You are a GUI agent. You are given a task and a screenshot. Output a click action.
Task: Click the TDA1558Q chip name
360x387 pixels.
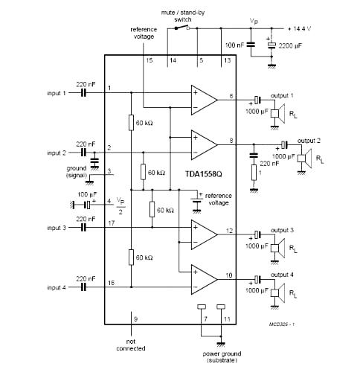[x=204, y=174]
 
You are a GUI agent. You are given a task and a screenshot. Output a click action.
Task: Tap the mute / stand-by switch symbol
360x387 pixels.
[x=182, y=28]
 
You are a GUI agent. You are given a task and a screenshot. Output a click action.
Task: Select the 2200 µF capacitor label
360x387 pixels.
[x=290, y=46]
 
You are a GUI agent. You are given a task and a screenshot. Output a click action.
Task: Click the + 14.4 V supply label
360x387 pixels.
[x=299, y=29]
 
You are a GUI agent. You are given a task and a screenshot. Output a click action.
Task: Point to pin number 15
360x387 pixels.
[x=150, y=60]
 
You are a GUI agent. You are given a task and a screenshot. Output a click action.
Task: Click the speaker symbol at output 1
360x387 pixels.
[x=277, y=113]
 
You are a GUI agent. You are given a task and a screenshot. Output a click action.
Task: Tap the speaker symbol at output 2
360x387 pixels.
[x=304, y=159]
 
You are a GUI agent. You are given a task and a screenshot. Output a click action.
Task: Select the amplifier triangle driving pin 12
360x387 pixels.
[x=205, y=234]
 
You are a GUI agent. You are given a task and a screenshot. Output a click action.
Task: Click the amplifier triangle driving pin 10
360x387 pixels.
[x=205, y=279]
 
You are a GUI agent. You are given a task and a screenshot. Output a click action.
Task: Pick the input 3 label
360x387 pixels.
[x=57, y=228]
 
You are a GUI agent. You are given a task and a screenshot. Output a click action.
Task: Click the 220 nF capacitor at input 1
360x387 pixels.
[x=84, y=93]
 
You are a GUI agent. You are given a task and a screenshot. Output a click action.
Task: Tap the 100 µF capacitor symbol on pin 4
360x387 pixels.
[x=88, y=205]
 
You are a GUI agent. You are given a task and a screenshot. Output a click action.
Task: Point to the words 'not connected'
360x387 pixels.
[x=131, y=345]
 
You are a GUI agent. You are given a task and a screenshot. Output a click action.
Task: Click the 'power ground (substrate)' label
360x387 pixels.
[x=222, y=357]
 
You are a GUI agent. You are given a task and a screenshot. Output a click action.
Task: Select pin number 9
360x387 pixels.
[x=135, y=319]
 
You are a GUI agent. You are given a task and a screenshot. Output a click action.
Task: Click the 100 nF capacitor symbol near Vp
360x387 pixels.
[x=251, y=45]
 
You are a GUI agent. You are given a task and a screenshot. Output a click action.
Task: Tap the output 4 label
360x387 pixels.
[x=282, y=275]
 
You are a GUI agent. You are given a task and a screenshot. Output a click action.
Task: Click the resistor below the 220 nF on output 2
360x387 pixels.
[x=254, y=173]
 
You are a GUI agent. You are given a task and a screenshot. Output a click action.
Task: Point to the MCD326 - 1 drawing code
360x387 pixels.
[x=282, y=324]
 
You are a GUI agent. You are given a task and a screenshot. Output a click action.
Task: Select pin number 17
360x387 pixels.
[x=112, y=223]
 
